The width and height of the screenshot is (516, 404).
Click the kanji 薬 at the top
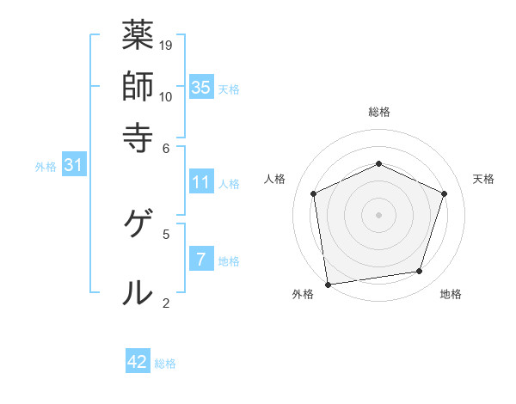pyautogui.click(x=137, y=36)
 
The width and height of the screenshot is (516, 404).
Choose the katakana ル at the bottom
pyautogui.click(x=137, y=292)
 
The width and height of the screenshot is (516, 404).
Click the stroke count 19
pyautogui.click(x=167, y=45)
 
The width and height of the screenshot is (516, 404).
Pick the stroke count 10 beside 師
pyautogui.click(x=167, y=95)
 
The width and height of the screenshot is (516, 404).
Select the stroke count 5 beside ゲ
pyautogui.click(x=166, y=233)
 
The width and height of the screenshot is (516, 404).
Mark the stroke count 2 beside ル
pyautogui.click(x=166, y=302)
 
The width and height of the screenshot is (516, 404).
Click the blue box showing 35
pyautogui.click(x=201, y=87)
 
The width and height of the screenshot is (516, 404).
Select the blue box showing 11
pyautogui.click(x=201, y=182)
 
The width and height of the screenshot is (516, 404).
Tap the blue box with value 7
pyautogui.click(x=201, y=260)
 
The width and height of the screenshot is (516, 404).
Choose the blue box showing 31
pyautogui.click(x=73, y=166)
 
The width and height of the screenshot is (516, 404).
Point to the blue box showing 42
pyautogui.click(x=138, y=362)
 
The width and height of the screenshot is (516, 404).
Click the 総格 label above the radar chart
pyautogui.click(x=379, y=112)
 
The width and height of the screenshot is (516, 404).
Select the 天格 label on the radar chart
pyautogui.click(x=483, y=179)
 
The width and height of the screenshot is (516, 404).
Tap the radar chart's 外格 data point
pyautogui.click(x=327, y=284)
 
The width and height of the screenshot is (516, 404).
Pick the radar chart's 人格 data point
pyautogui.click(x=314, y=193)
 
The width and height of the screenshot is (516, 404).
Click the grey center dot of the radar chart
pyautogui.click(x=378, y=214)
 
